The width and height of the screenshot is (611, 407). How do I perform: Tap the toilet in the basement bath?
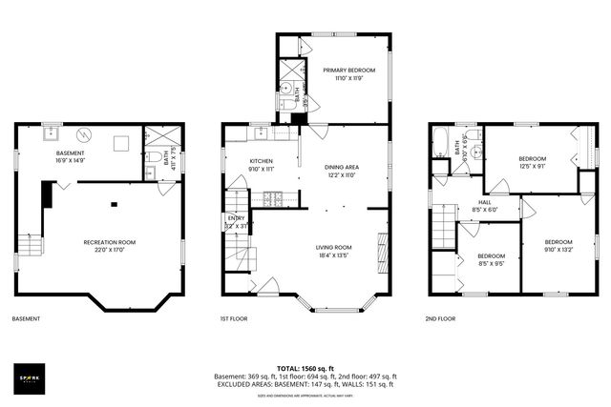(x=153, y=154)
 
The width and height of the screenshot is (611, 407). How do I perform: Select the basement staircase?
(x=32, y=245)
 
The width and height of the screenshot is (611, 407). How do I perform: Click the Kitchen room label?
(x=262, y=161)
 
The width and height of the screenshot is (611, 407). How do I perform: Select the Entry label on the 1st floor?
(x=235, y=218)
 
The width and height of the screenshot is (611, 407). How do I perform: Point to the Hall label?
(x=485, y=202)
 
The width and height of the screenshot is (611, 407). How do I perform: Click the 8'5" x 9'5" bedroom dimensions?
(x=491, y=264)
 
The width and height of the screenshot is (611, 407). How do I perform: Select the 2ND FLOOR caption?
(x=440, y=319)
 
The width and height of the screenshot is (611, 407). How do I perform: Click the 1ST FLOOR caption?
(x=234, y=319)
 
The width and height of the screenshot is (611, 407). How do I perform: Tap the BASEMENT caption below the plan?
(x=26, y=319)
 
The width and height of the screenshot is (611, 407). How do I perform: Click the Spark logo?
(x=30, y=377)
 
